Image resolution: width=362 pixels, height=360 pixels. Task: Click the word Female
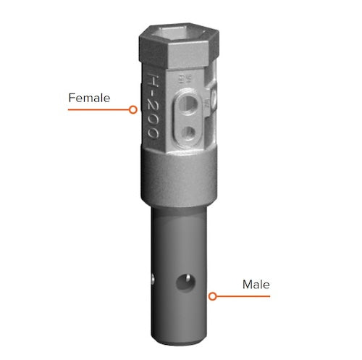click(89, 97)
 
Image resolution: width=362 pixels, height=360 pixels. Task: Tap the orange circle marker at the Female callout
click(132, 110)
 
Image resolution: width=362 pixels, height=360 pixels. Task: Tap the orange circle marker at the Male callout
click(212, 296)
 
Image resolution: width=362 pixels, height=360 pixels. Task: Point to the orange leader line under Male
click(243, 296)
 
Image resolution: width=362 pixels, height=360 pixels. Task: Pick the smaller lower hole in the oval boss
click(190, 131)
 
